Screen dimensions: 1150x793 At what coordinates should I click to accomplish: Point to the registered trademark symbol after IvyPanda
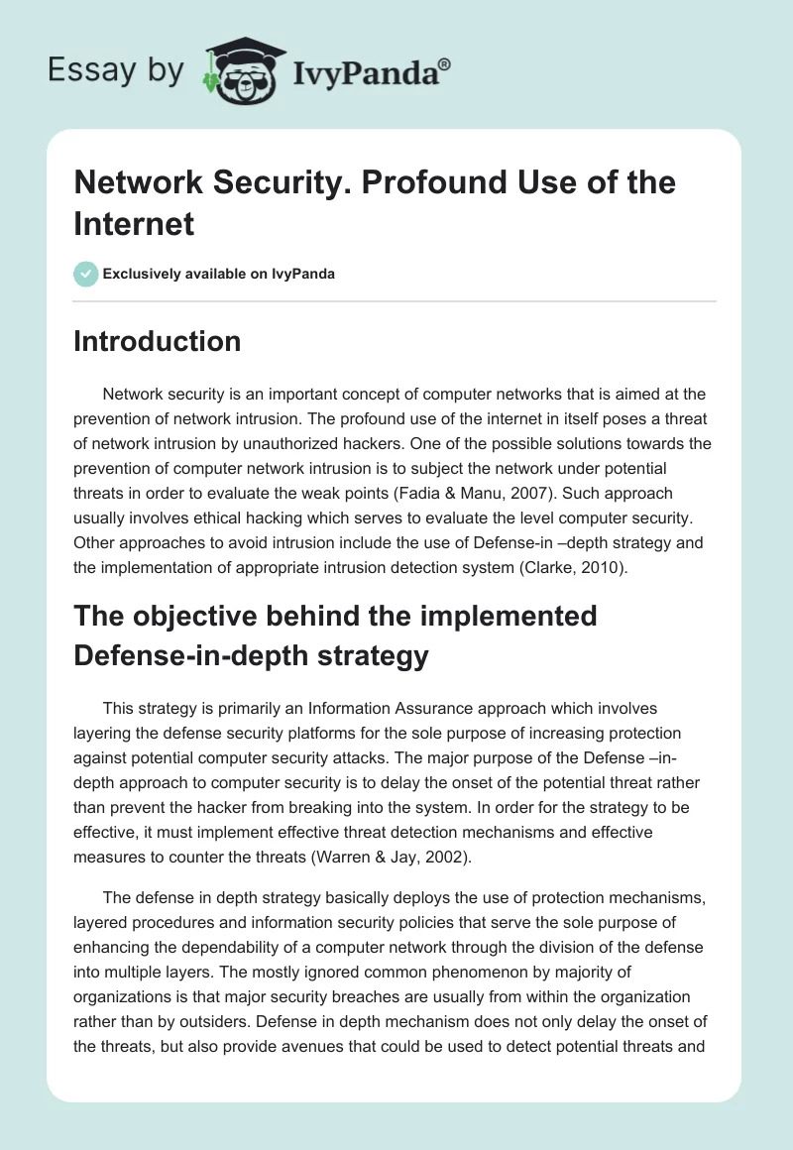[444, 64]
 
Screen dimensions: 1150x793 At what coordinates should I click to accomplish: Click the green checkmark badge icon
[86, 274]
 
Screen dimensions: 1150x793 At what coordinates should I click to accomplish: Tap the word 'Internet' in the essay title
[133, 223]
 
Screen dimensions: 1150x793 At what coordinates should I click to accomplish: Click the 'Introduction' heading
[158, 341]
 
